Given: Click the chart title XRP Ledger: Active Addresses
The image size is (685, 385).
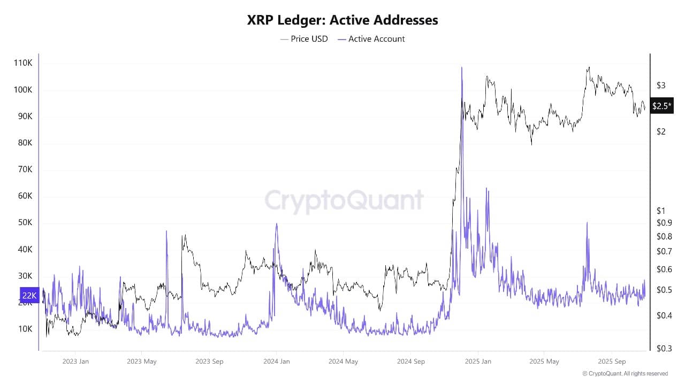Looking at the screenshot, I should click(342, 20).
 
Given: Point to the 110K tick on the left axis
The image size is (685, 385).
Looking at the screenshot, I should click(23, 63).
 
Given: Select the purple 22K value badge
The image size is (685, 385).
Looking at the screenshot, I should click(29, 295).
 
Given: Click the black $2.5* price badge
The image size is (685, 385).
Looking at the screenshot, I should click(661, 106).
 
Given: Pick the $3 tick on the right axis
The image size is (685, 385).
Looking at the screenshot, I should click(661, 86).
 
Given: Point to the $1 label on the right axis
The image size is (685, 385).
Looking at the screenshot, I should click(661, 211).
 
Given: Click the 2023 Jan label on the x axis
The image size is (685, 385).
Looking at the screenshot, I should click(75, 361).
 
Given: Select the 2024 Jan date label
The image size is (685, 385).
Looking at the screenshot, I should click(277, 361).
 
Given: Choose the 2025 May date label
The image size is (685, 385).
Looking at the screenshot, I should click(545, 361).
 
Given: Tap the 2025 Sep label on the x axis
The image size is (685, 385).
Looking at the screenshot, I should click(612, 361).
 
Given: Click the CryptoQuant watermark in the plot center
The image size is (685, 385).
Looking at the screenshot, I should click(344, 201).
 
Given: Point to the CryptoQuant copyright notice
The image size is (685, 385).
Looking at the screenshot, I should click(625, 374).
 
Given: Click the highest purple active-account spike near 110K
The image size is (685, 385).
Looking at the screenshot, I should click(461, 68).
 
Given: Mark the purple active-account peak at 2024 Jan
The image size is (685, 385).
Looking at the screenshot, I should click(276, 224).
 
